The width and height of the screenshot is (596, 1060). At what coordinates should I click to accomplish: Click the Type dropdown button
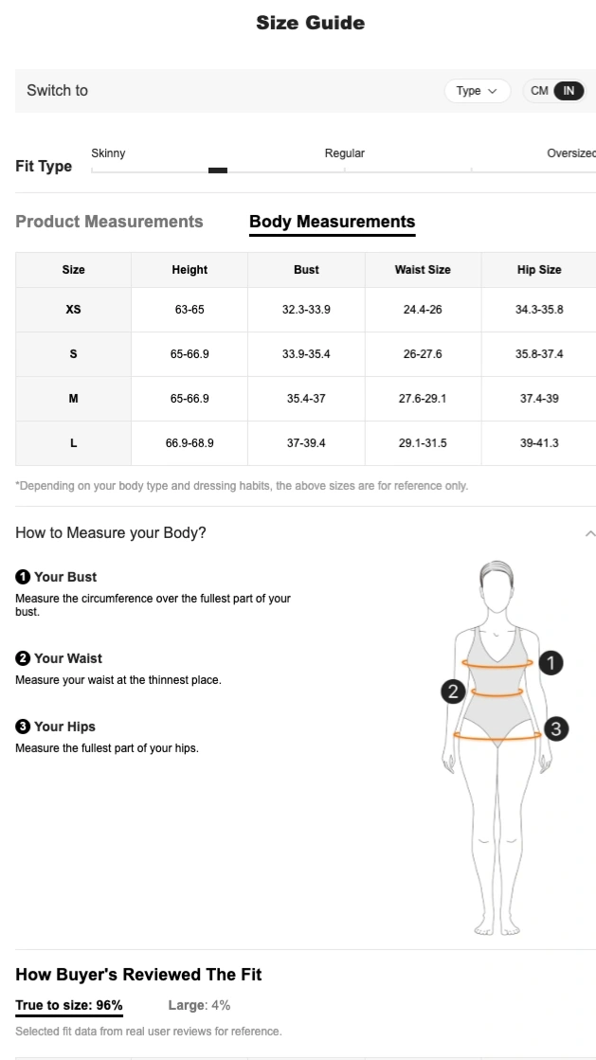click(x=477, y=91)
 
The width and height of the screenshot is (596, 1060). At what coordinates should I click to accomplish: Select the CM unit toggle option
click(x=539, y=91)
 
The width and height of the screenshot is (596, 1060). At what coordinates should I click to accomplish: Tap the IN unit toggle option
click(x=569, y=91)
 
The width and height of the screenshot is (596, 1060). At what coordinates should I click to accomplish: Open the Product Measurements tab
click(x=109, y=222)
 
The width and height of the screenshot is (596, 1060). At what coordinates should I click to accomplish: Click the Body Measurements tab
click(x=332, y=222)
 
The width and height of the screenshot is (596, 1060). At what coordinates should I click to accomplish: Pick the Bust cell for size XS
click(x=306, y=310)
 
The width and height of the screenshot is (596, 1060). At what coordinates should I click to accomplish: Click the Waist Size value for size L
click(x=423, y=443)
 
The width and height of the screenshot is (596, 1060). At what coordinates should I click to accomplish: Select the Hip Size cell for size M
click(x=539, y=399)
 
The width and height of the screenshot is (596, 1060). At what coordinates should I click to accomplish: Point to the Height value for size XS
click(x=190, y=310)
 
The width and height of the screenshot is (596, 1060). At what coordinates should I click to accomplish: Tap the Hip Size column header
click(x=539, y=270)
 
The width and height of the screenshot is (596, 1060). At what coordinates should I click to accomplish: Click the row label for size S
click(x=73, y=354)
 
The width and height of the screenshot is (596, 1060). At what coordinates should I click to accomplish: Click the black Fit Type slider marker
click(x=218, y=171)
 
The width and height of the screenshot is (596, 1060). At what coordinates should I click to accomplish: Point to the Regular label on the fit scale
click(x=345, y=153)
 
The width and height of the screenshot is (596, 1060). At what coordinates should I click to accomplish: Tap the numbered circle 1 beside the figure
click(x=551, y=663)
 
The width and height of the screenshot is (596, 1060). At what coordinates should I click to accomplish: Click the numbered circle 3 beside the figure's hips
click(x=556, y=728)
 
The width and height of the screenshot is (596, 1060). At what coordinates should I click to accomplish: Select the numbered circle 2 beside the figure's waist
click(x=453, y=692)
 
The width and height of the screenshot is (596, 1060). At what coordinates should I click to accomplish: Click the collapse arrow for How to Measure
click(x=589, y=533)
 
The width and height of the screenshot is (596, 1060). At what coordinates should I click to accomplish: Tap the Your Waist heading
click(x=67, y=658)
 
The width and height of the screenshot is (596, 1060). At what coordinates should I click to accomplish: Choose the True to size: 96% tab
click(x=69, y=1005)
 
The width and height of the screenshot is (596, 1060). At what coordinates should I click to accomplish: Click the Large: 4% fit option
click(x=199, y=1005)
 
